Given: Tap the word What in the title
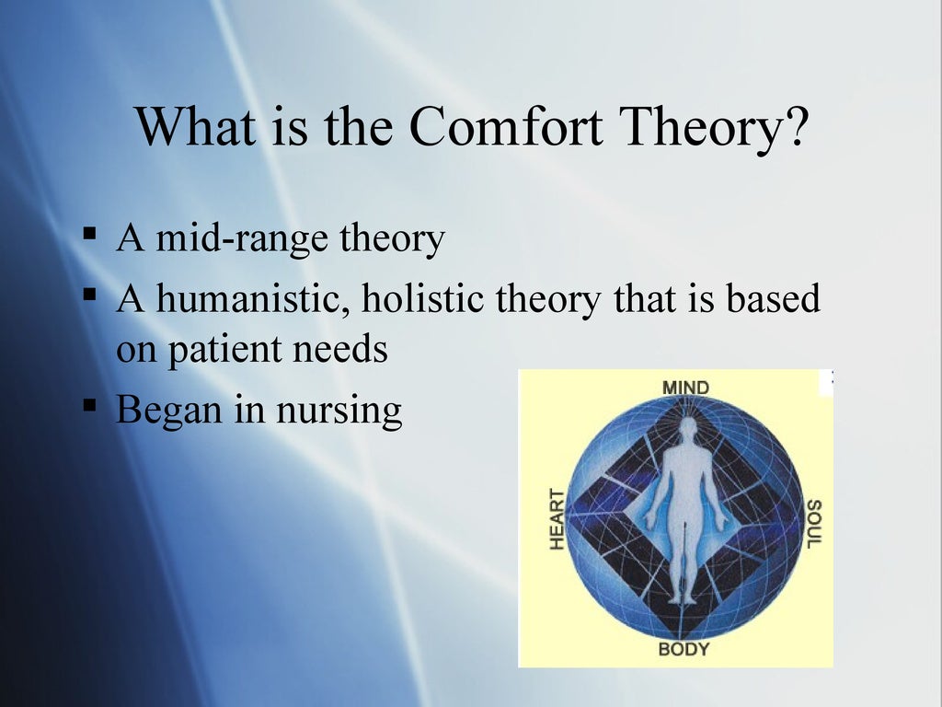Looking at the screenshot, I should click(195, 128).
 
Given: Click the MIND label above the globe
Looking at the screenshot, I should click(685, 387).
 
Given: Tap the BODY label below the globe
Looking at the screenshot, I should click(684, 650).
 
